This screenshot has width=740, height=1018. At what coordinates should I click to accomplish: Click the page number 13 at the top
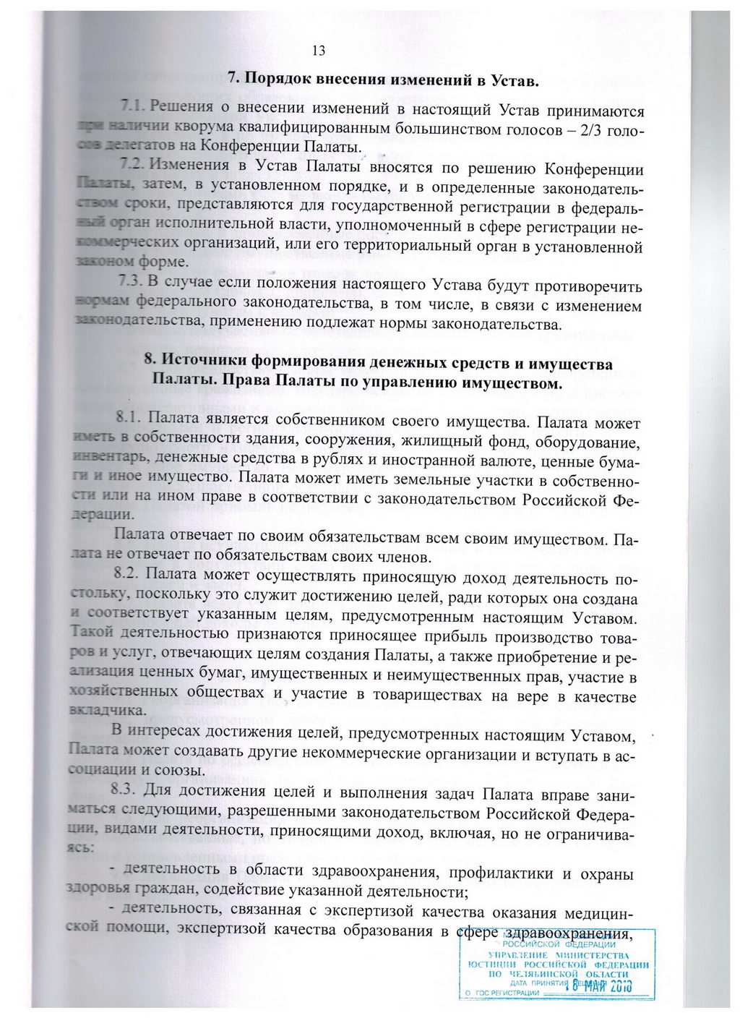click(x=319, y=51)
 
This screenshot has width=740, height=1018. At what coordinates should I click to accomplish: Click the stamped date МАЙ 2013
click(x=608, y=985)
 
